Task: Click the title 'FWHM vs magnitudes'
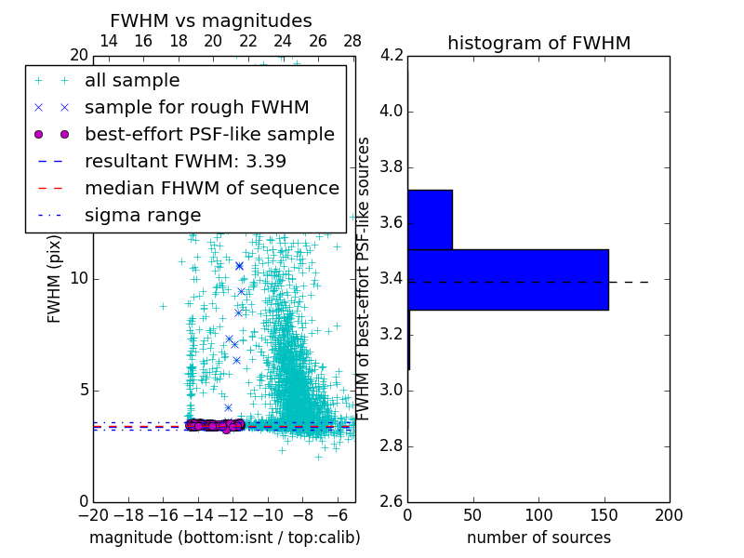click(211, 20)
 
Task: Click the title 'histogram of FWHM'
click(538, 43)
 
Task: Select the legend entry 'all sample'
click(132, 81)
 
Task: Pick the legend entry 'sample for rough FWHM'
click(196, 108)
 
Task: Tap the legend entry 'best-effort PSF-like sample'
click(209, 134)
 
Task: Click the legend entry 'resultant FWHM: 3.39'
click(185, 161)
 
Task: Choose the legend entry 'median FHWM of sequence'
click(211, 188)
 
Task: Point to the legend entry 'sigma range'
click(142, 215)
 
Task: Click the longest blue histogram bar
click(508, 280)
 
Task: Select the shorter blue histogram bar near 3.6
click(430, 219)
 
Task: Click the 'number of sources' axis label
click(538, 538)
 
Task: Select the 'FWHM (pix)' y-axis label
click(55, 279)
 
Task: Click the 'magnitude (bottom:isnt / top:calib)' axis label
click(224, 538)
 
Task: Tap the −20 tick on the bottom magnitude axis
click(93, 514)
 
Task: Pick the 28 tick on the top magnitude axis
click(352, 41)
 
